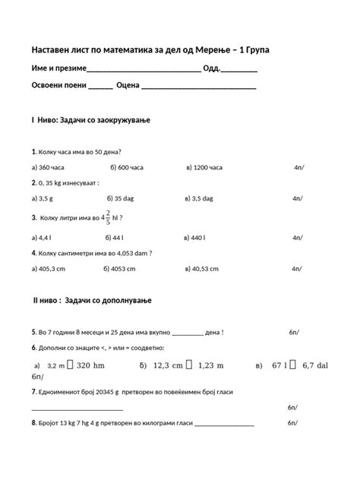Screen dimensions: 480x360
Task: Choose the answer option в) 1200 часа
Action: (204, 167)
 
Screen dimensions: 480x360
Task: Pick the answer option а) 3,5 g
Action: (43, 198)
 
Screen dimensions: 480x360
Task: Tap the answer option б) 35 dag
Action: (125, 198)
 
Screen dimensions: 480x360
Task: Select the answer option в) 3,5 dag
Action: (199, 198)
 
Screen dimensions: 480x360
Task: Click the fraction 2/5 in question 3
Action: (108, 217)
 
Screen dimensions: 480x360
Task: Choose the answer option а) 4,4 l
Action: (42, 237)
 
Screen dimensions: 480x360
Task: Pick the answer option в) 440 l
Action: (195, 237)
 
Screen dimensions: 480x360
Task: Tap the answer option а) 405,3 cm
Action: (49, 267)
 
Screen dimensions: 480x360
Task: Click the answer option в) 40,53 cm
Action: (203, 267)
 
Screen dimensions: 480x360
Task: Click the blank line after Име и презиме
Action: (144, 69)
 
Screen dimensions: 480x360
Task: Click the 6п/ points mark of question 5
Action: (294, 333)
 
